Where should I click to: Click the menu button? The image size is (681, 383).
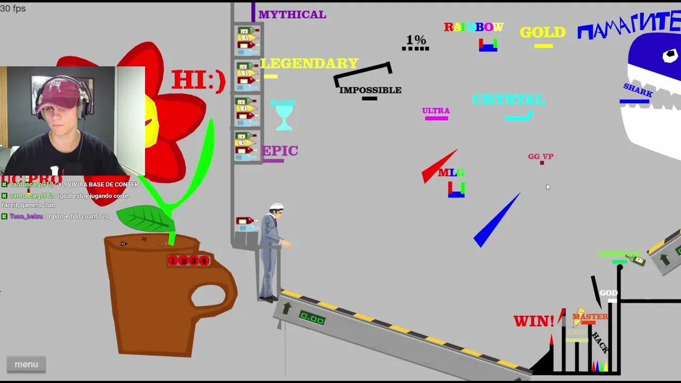(26, 364)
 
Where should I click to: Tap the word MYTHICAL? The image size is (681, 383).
(292, 15)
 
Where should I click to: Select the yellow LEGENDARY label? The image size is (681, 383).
(309, 63)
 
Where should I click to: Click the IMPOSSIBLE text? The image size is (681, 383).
(370, 90)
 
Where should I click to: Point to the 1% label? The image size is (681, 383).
(416, 40)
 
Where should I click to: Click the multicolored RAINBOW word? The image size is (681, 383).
(474, 27)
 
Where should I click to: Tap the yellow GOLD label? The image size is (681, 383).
(542, 32)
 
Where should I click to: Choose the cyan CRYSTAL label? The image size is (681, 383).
(509, 99)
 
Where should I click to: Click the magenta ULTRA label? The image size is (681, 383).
(436, 111)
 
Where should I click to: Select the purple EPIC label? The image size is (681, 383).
(280, 151)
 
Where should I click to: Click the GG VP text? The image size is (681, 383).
(541, 156)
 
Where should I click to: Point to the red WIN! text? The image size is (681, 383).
(534, 321)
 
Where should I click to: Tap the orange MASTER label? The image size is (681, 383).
(590, 317)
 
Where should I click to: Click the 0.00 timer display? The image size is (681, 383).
(312, 319)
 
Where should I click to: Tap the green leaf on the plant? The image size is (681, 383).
(144, 218)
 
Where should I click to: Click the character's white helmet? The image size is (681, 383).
(277, 206)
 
